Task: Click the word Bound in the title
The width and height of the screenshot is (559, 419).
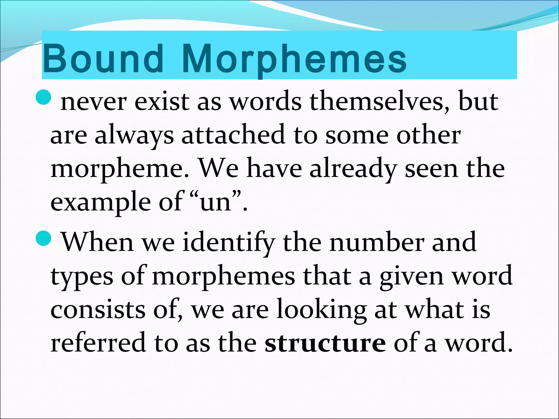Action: coord(103,59)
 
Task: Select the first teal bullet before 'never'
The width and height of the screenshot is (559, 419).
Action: coord(43,98)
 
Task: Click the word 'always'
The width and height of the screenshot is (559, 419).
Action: coord(134,136)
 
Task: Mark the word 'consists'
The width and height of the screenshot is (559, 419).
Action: coord(98,310)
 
